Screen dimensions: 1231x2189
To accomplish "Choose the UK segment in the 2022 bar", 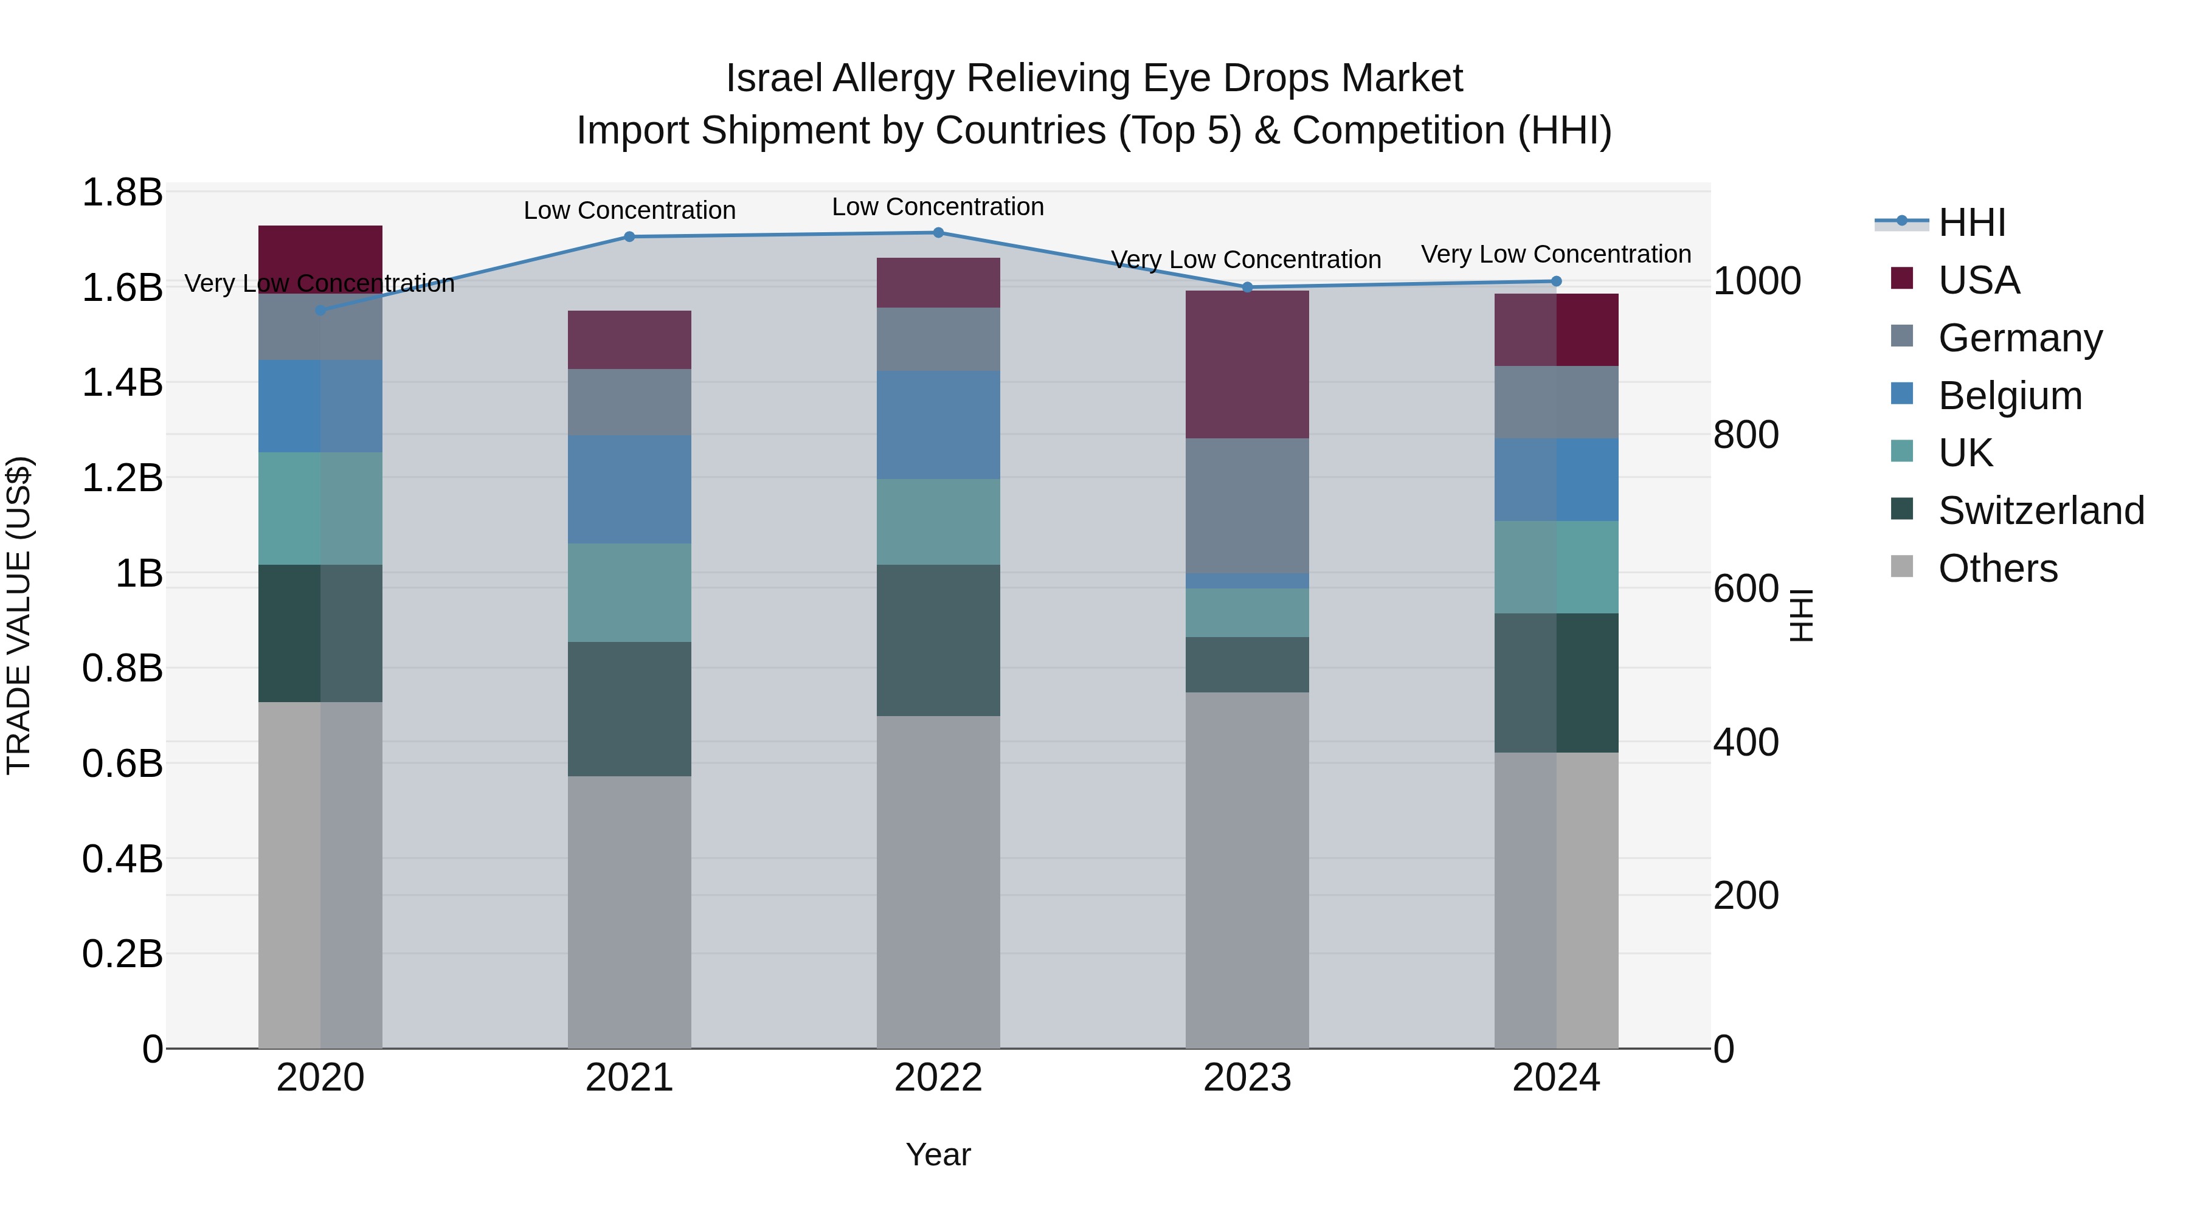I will pyautogui.click(x=938, y=522).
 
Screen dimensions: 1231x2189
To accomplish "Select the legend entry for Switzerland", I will pyautogui.click(x=2040, y=511).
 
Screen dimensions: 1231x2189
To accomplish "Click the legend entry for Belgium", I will pyautogui.click(x=2010, y=396).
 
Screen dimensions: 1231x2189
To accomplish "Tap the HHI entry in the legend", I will pyautogui.click(x=1971, y=222).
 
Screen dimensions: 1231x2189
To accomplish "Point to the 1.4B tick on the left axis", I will pyautogui.click(x=122, y=383).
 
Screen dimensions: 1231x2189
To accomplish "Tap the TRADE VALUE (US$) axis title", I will pyautogui.click(x=19, y=615).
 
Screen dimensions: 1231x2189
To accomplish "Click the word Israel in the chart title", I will pyautogui.click(x=773, y=79).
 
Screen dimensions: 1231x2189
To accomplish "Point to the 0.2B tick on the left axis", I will pyautogui.click(x=122, y=954).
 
